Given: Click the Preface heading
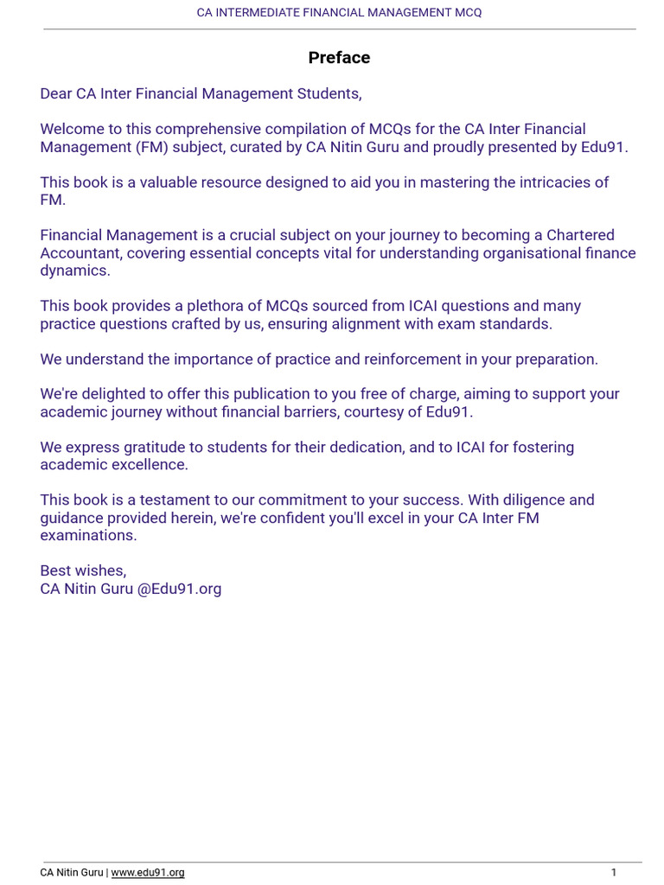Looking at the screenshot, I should coord(339,58).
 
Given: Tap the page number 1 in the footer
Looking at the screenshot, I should coord(614,873).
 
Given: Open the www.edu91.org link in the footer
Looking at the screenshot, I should coord(148,873).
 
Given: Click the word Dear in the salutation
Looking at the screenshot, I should coord(56,93).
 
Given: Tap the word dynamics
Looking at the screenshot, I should coord(75,271).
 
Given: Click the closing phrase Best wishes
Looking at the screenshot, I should coord(83,571).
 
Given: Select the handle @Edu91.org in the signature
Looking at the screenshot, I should coord(179,589).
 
